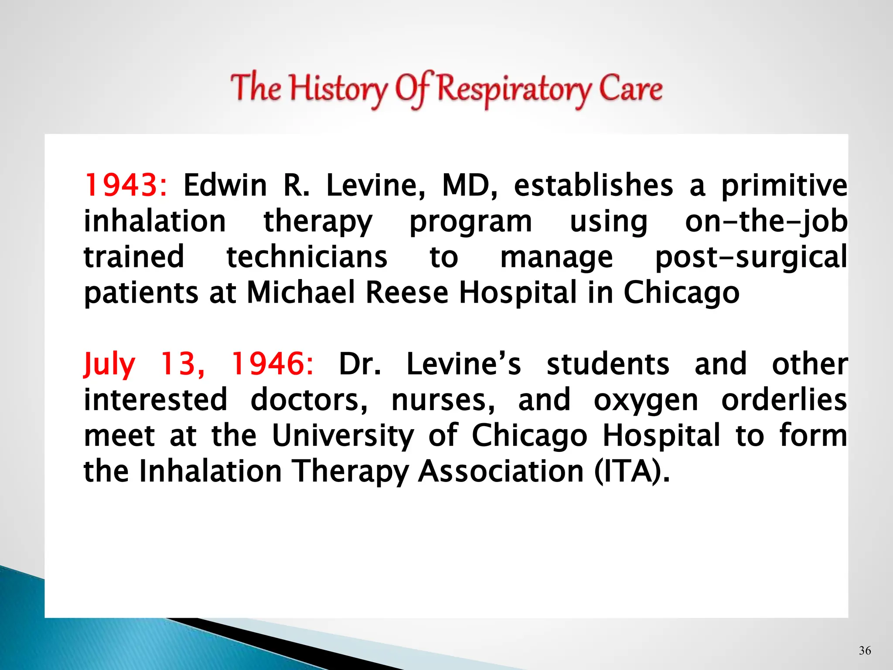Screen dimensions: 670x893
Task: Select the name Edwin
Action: coord(225,186)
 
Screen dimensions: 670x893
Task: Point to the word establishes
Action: coord(593,186)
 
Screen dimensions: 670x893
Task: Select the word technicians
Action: coord(307,257)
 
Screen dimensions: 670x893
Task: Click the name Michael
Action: coord(301,293)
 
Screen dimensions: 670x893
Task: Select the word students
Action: coord(608,364)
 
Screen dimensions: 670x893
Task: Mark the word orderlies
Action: coord(784,400)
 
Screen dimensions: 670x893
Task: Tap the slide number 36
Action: coord(865,651)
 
